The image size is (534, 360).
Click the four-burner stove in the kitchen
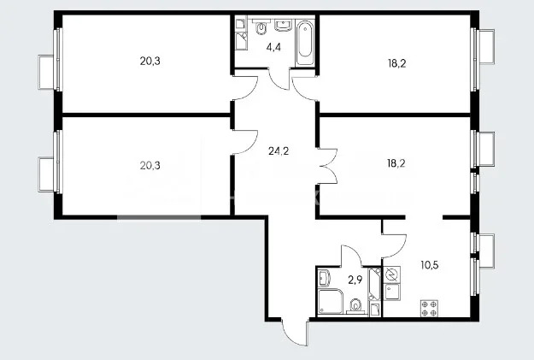click(x=428, y=308)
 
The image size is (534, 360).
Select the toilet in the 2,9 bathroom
click(x=355, y=304)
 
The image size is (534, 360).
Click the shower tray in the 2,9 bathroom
click(x=330, y=301)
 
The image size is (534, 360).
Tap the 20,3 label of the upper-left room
click(x=150, y=61)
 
